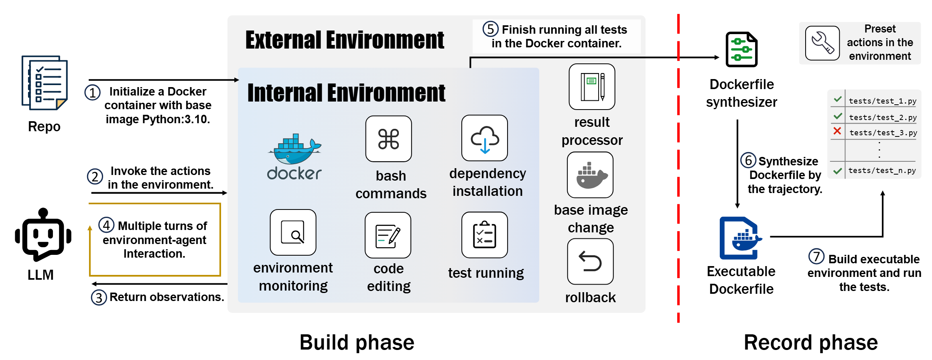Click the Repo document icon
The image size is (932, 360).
pos(45,83)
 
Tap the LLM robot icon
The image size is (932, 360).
pos(43,234)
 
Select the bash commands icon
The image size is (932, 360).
pos(388,139)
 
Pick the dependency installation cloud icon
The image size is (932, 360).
pos(485,138)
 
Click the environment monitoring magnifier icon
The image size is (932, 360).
pos(293,232)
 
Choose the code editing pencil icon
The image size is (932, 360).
pos(388,235)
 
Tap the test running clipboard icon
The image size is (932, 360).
pos(485,235)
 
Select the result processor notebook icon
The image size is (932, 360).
pos(592,87)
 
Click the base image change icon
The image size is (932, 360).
pos(590,175)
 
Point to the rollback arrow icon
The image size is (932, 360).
pos(590,261)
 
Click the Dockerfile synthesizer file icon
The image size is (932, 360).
pos(741,49)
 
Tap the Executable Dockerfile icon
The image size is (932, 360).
pos(741,238)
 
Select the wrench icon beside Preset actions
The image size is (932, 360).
pos(822,43)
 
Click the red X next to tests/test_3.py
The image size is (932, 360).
pos(837,131)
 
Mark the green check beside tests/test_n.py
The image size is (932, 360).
pos(837,171)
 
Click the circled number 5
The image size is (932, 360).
pos(490,29)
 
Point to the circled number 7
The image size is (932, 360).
pos(816,256)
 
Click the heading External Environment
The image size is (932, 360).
pos(345,40)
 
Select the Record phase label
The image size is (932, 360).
pos(810,342)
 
